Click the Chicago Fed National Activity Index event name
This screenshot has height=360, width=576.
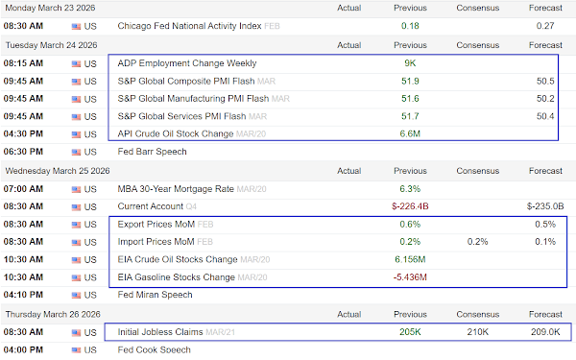189,26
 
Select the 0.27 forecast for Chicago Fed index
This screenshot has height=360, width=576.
545,26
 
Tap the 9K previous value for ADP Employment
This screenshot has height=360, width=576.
410,63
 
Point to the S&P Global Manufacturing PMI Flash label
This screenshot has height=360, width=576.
193,99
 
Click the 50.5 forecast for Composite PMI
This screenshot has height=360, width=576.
545,82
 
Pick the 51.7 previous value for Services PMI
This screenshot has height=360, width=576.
410,116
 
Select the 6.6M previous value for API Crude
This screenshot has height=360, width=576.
410,134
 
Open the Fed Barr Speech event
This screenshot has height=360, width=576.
152,152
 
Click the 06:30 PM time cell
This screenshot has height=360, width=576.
23,152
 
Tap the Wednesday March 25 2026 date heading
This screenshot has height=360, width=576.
58,171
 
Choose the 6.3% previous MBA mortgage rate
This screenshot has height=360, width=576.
410,189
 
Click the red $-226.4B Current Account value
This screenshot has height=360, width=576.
410,206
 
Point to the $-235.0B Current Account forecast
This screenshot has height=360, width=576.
545,206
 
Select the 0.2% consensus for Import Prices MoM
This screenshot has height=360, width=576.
477,242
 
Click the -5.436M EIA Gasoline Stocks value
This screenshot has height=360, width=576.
410,277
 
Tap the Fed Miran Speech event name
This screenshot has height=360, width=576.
155,295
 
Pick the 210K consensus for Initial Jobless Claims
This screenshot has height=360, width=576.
477,332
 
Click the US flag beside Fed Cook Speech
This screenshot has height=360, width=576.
76,350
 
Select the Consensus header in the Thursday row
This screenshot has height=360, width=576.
477,315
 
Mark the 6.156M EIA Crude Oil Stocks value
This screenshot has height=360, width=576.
410,260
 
